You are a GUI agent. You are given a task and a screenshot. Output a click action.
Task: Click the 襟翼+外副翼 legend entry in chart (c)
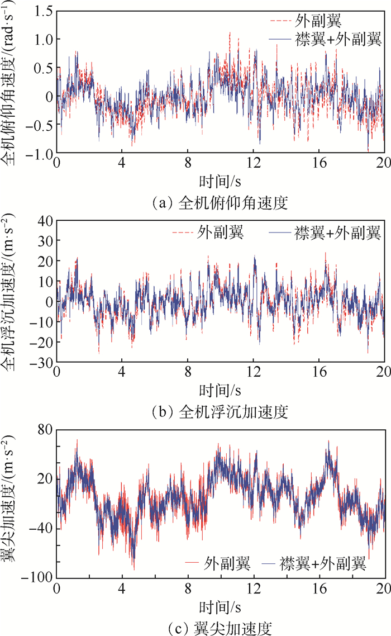(x=323, y=564)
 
